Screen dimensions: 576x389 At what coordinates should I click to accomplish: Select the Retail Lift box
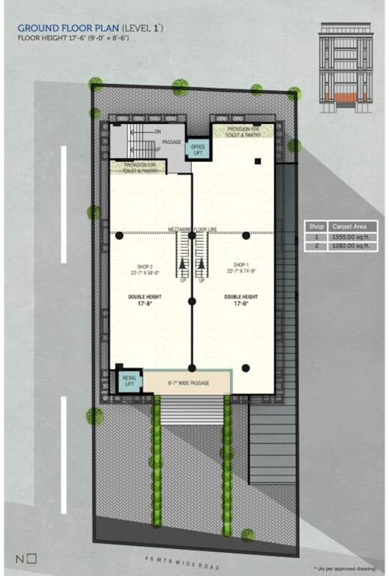(128, 381)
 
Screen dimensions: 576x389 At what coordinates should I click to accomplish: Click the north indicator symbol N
(20, 557)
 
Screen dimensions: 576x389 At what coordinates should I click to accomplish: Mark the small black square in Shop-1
(257, 160)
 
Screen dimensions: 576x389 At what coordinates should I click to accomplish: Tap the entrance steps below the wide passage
(193, 409)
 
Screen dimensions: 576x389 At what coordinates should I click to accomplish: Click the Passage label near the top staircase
(172, 141)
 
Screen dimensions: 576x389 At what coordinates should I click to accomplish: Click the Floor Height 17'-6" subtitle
(73, 37)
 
